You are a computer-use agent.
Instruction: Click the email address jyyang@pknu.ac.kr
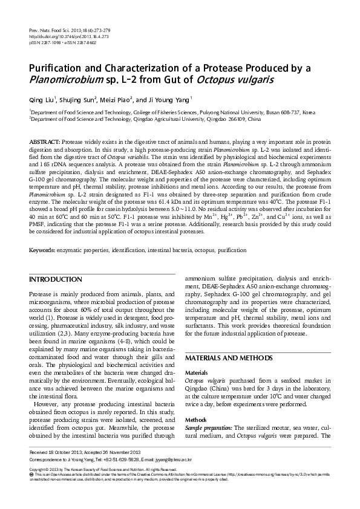pyautogui.click(x=162, y=458)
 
